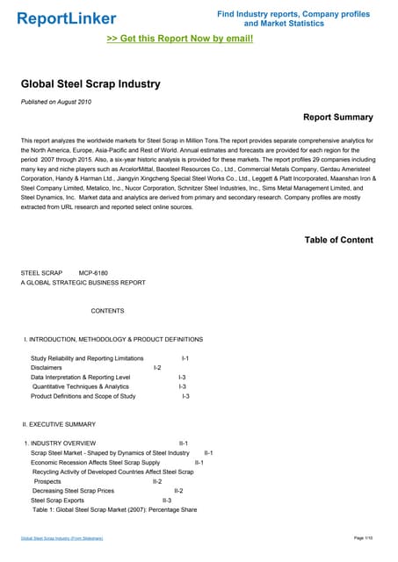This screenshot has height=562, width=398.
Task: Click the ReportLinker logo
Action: click(x=66, y=18)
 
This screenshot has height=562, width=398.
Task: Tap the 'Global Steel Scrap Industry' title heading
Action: click(x=90, y=84)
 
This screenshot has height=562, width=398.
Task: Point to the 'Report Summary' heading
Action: click(x=337, y=117)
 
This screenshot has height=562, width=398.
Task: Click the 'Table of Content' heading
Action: click(x=338, y=240)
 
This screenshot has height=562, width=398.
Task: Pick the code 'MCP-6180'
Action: click(x=93, y=273)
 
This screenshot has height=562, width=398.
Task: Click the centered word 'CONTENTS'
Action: click(x=107, y=311)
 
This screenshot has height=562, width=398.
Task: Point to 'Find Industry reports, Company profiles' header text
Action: click(x=294, y=15)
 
